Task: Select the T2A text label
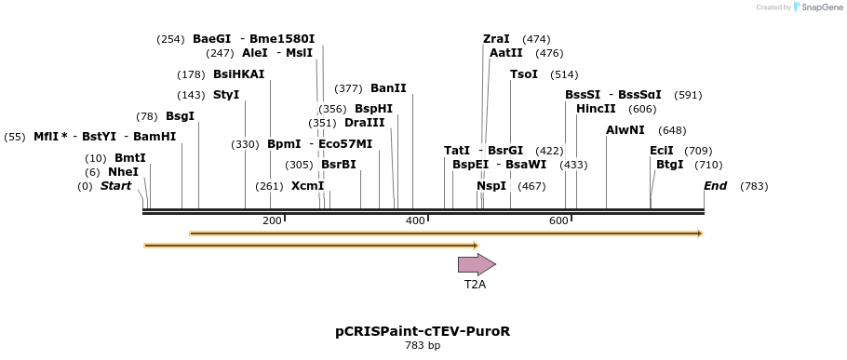[x=475, y=285]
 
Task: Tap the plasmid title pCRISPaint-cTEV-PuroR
[x=423, y=331]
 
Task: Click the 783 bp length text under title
[x=423, y=346]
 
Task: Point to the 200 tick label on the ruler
[x=272, y=220]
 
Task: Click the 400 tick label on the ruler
[x=415, y=220]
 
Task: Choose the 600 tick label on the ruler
[x=558, y=220]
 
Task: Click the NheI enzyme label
[x=123, y=172]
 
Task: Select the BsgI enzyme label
[x=181, y=116]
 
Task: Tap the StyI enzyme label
[x=226, y=95]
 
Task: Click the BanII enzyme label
[x=388, y=88]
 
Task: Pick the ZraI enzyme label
[x=496, y=39]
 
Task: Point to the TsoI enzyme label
[x=524, y=74]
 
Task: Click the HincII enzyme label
[x=596, y=109]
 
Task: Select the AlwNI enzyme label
[x=625, y=130]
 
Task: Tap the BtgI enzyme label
[x=670, y=165]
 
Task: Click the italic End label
[x=715, y=186]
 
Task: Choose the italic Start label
[x=115, y=186]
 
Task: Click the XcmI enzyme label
[x=308, y=186]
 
